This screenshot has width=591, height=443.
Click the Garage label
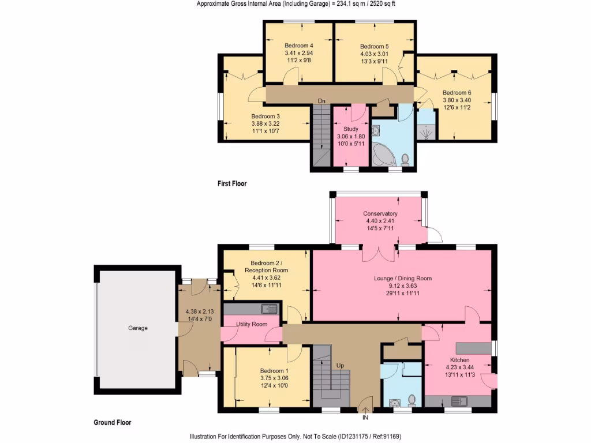tap(137, 328)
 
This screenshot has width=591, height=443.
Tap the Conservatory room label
tap(380, 213)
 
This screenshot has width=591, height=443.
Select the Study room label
tap(350, 129)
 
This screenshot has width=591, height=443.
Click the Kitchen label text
tap(459, 360)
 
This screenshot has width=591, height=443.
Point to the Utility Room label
tap(252, 324)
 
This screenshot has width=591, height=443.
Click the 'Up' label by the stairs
tap(340, 365)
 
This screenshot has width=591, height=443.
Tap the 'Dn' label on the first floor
tap(321, 101)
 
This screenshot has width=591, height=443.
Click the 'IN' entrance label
tap(365, 418)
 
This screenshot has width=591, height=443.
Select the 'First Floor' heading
tap(232, 183)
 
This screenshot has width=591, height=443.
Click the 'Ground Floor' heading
tap(113, 422)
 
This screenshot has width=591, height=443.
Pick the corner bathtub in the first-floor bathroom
tap(383, 155)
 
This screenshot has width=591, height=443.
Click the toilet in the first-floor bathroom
tap(405, 160)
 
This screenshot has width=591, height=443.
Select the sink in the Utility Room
tap(269, 309)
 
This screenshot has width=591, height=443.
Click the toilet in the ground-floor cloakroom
tap(412, 400)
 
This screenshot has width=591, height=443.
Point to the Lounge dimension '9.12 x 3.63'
tap(402, 286)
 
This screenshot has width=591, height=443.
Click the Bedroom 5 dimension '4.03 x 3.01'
tap(374, 54)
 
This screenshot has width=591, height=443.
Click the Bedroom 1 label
tap(274, 371)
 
